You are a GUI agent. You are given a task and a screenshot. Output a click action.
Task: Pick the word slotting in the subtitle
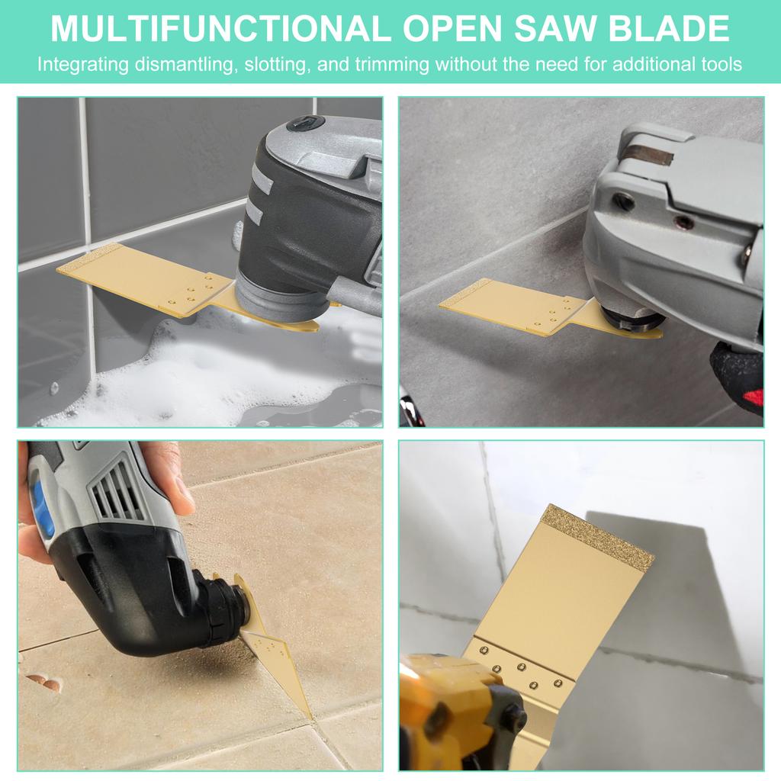275,65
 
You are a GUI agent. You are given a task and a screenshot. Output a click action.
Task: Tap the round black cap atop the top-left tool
305,123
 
